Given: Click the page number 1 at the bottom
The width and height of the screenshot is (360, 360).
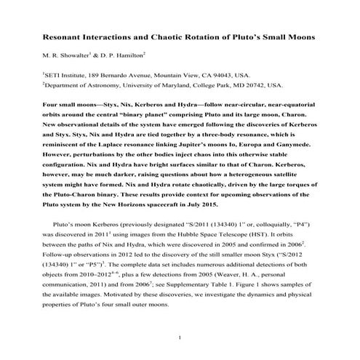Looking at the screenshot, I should tap(180, 337).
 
